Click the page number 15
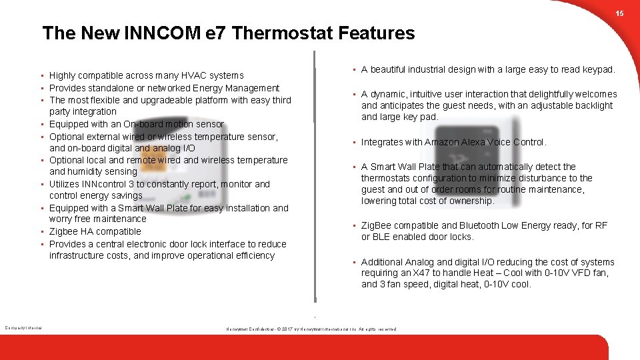click(x=619, y=14)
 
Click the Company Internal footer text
click(x=23, y=327)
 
